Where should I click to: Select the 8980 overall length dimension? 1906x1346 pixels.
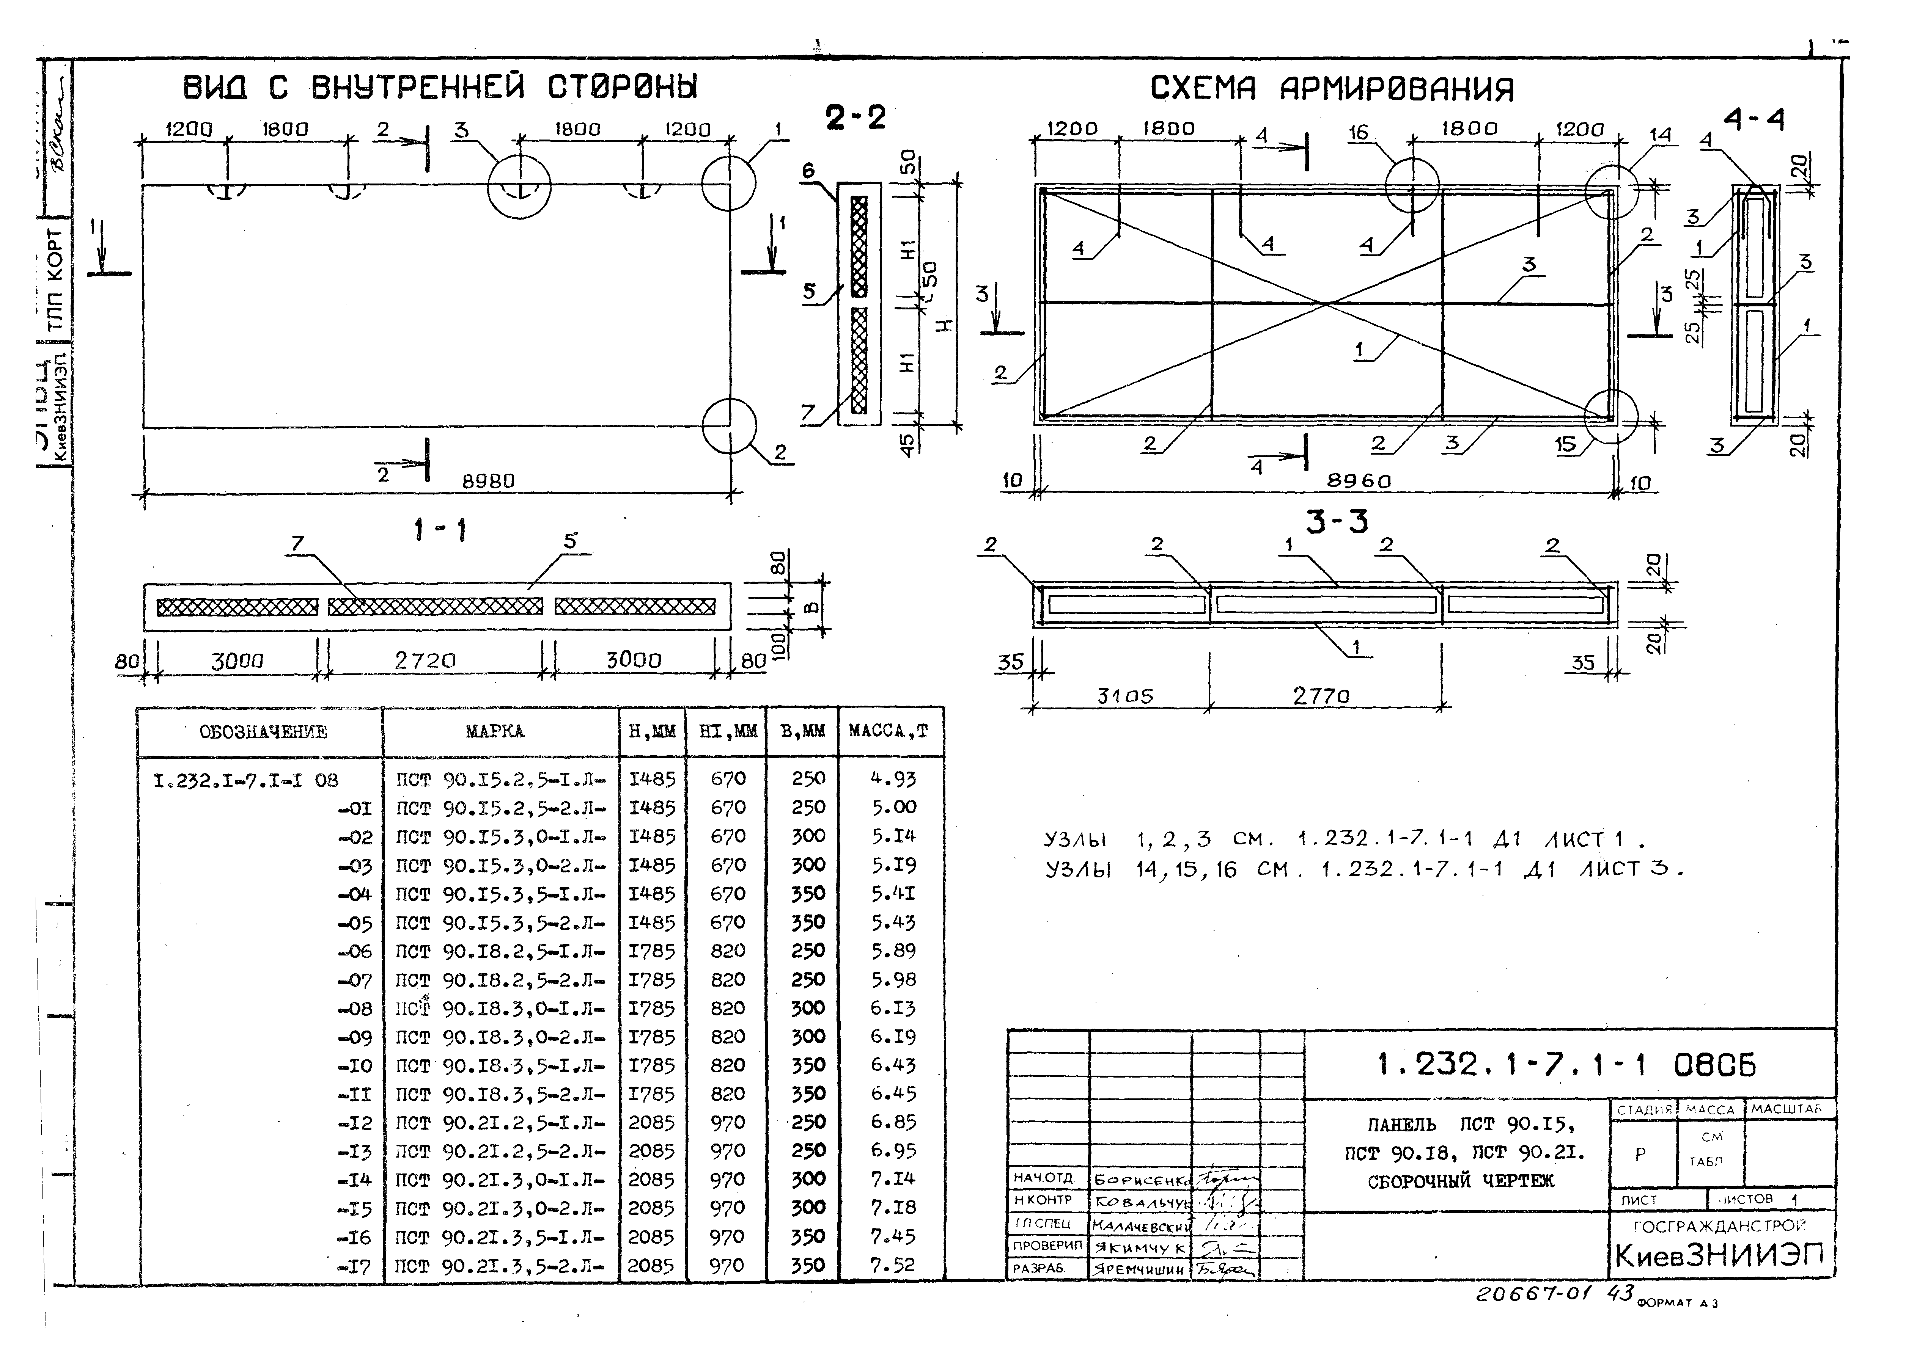[x=488, y=481]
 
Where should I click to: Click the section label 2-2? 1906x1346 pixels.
[x=855, y=118]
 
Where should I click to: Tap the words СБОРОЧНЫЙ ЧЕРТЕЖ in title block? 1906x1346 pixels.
[x=1460, y=1181]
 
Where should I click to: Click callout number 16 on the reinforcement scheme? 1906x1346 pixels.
[x=1357, y=133]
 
